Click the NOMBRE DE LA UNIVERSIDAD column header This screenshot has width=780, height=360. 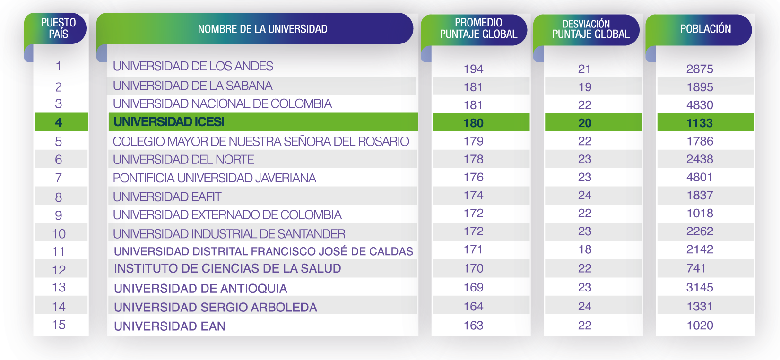point(262,29)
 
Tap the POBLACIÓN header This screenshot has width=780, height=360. point(705,29)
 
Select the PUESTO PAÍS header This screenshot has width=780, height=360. point(58,28)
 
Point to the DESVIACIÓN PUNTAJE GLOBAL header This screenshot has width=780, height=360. point(590,29)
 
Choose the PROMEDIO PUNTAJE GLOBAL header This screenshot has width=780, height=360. point(478,28)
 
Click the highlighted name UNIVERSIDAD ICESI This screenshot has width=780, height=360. point(169,122)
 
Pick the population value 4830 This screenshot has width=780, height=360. point(700,105)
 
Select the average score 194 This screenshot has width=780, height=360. point(473,69)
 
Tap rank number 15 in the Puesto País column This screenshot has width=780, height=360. point(59,325)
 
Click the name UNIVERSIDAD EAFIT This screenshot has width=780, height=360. point(167,197)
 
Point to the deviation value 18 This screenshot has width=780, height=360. point(585,249)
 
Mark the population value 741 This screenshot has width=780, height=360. point(696,268)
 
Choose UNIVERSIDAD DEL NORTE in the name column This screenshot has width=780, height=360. point(183,160)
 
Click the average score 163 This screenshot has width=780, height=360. point(473,326)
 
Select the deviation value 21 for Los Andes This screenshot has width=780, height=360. point(585,69)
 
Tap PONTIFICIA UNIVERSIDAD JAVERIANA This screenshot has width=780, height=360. point(214,178)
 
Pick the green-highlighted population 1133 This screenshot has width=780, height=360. point(700,123)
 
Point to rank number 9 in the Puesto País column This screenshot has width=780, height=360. point(59,215)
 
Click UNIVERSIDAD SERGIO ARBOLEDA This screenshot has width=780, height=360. point(216,307)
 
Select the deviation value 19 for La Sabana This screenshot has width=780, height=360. point(585,87)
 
